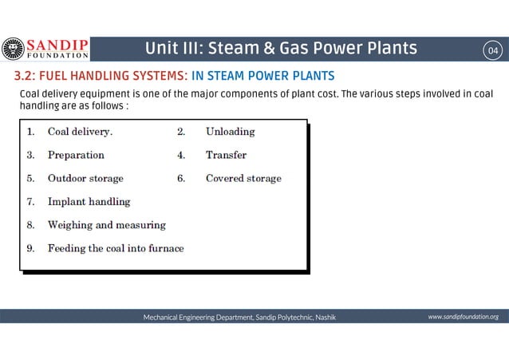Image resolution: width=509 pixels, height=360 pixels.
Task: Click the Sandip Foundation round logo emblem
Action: [14, 49]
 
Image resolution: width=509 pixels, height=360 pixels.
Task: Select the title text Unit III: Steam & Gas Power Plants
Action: [280, 49]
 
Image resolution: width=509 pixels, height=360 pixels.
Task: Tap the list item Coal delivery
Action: [80, 131]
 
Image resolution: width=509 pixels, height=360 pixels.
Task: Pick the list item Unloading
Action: [230, 131]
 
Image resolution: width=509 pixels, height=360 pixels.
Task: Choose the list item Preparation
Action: [76, 155]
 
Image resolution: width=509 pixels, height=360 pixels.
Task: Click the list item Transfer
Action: [226, 155]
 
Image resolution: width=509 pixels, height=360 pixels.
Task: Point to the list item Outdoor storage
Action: [85, 178]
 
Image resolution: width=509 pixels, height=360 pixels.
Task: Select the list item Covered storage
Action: [243, 178]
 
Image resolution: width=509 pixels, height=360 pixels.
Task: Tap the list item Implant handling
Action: [89, 202]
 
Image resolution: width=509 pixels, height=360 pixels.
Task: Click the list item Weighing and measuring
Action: [107, 225]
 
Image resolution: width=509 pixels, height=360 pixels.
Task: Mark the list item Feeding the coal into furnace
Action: [116, 248]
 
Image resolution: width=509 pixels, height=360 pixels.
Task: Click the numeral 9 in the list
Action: [30, 248]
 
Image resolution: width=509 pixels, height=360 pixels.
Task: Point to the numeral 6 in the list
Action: [180, 178]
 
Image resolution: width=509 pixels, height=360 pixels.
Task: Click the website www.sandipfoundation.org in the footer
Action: [463, 317]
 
